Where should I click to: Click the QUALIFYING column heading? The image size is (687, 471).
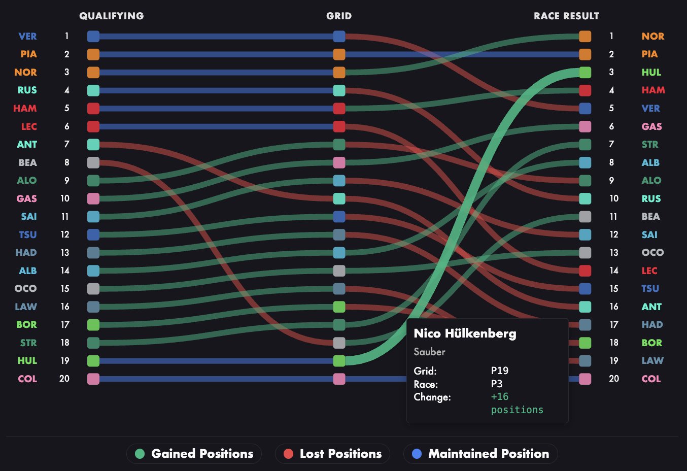111,16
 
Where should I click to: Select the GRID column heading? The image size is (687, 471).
339,16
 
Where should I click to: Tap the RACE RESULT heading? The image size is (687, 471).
566,16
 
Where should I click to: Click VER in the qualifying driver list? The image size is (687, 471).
27,36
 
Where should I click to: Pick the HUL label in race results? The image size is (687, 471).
651,72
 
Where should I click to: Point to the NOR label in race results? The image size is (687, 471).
652,36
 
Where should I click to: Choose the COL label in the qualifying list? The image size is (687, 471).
27,379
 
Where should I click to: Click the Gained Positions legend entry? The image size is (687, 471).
194,454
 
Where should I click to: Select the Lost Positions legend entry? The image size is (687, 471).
332,454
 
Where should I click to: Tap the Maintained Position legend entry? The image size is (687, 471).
480,454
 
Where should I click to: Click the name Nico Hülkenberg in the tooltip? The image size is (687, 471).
465,333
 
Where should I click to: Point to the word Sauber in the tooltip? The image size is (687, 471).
429,352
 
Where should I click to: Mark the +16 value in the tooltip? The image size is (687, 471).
500,396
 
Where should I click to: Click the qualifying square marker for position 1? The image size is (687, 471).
93,36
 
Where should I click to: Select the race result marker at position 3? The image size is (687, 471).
585,72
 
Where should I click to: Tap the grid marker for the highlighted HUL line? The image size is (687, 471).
339,361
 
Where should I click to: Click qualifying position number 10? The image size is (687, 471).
65,198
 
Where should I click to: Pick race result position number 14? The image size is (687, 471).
614,271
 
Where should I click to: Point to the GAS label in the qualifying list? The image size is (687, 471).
26,198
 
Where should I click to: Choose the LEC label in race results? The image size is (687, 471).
649,271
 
